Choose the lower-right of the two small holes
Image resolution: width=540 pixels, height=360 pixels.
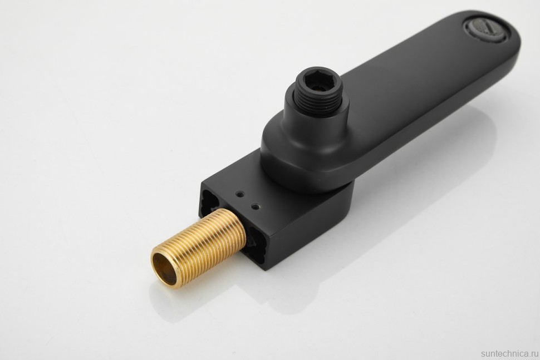(x=256, y=206)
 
